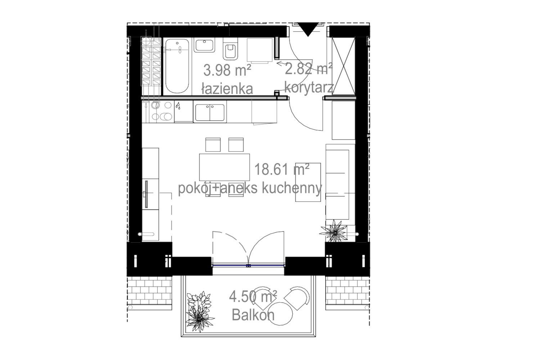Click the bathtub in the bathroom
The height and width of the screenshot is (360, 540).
tap(177, 66)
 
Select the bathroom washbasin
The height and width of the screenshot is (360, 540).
tap(204, 45)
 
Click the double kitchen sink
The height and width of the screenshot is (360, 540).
tap(210, 112)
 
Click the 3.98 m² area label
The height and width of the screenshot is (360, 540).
tap(227, 71)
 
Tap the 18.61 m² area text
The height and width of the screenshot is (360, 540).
tap(282, 169)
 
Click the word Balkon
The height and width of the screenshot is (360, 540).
tap(253, 315)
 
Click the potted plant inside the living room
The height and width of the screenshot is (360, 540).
tap(334, 231)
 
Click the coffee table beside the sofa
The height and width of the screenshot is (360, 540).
tap(308, 182)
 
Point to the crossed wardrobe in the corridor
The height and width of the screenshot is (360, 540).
tap(343, 66)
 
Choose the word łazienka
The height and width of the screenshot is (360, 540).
tap(227, 89)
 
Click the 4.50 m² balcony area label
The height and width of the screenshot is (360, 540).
tap(253, 297)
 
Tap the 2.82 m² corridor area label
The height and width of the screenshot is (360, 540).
tap(309, 69)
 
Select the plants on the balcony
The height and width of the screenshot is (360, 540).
tap(199, 312)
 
